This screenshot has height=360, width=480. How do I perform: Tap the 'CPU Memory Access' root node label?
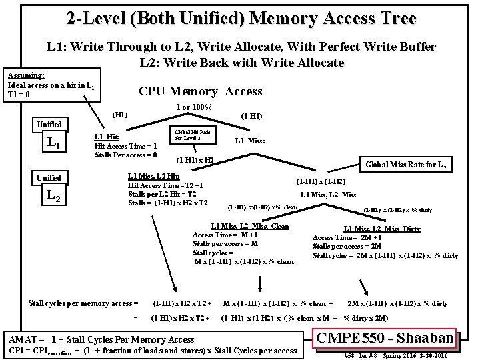click(x=200, y=91)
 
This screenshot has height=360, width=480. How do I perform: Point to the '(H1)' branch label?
click(x=121, y=114)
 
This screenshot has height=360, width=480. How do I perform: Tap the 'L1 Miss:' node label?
click(x=251, y=141)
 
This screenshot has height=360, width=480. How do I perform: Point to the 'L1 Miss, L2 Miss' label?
click(x=329, y=194)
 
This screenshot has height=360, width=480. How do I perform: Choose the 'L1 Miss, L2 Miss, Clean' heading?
click(x=250, y=226)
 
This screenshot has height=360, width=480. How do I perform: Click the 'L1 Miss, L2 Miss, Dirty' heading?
click(x=382, y=229)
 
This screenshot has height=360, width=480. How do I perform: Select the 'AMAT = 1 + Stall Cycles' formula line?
click(x=101, y=339)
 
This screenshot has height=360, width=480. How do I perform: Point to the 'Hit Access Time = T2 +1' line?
click(x=165, y=185)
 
